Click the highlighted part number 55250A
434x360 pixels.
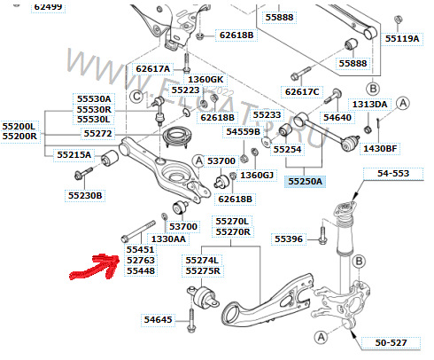306,181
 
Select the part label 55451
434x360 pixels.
141,250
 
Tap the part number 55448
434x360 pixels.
141,271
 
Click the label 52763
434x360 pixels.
141,261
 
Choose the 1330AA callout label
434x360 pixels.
167,239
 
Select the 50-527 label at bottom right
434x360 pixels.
389,340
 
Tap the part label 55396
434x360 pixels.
288,239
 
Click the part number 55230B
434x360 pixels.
86,195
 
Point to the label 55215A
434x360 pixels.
74,154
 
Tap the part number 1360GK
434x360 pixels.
205,80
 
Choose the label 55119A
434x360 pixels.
402,39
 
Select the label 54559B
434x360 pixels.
243,131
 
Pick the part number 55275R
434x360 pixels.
204,271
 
